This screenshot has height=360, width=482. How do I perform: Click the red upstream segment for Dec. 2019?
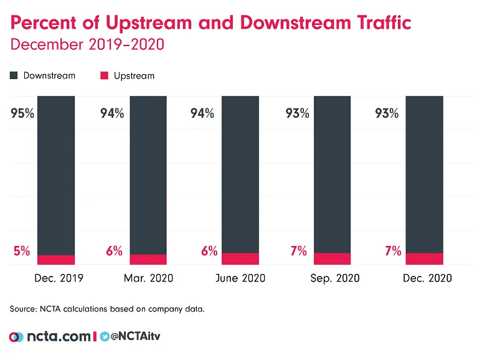pos(56,260)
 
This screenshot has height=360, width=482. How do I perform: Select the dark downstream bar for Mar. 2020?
pos(148,174)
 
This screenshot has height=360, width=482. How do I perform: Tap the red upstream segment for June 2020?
pos(240,258)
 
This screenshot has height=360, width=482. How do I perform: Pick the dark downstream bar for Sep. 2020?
pos(332,174)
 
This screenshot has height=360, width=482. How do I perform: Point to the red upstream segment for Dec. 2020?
pos(424,258)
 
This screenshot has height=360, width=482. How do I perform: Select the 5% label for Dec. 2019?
pos(22,251)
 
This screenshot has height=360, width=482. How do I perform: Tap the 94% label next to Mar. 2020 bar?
pos(113,113)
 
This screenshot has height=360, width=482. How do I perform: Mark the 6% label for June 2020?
pos(209,251)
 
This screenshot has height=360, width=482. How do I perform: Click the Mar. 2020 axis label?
pos(148,278)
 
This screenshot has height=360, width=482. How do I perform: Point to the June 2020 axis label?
pos(240,278)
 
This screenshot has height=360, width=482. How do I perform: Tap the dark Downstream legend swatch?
pos(14,76)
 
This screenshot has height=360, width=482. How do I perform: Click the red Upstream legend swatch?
pos(104,76)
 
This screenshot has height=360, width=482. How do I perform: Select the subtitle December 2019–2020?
pos(87,45)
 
